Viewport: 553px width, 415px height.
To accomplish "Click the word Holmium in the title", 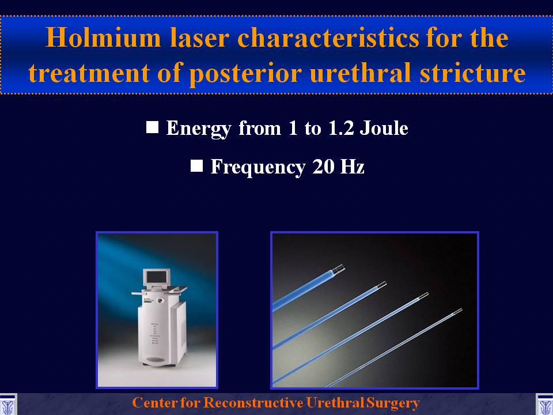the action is click(x=103, y=37).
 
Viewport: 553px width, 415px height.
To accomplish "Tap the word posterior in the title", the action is click(x=245, y=73).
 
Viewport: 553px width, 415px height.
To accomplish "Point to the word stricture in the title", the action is click(x=472, y=73).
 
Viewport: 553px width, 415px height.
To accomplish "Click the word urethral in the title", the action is click(x=360, y=73).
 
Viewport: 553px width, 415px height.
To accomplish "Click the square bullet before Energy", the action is click(x=152, y=127).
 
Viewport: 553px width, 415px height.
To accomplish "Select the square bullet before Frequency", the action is click(x=196, y=165).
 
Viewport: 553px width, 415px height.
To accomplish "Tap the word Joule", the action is click(x=384, y=128).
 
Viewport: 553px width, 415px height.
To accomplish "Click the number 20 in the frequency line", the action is click(x=323, y=167).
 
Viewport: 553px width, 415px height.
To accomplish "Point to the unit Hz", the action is click(x=352, y=166).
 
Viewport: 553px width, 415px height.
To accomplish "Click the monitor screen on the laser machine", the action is click(x=157, y=277).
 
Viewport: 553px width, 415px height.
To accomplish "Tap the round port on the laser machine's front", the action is click(x=161, y=301).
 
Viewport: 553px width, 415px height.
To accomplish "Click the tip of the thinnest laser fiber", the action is click(x=461, y=310).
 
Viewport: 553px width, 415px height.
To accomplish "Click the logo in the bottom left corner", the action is click(x=8, y=404).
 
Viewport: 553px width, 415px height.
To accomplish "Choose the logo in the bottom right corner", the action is click(x=544, y=404).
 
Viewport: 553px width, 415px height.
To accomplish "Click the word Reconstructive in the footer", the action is click(x=253, y=403).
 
